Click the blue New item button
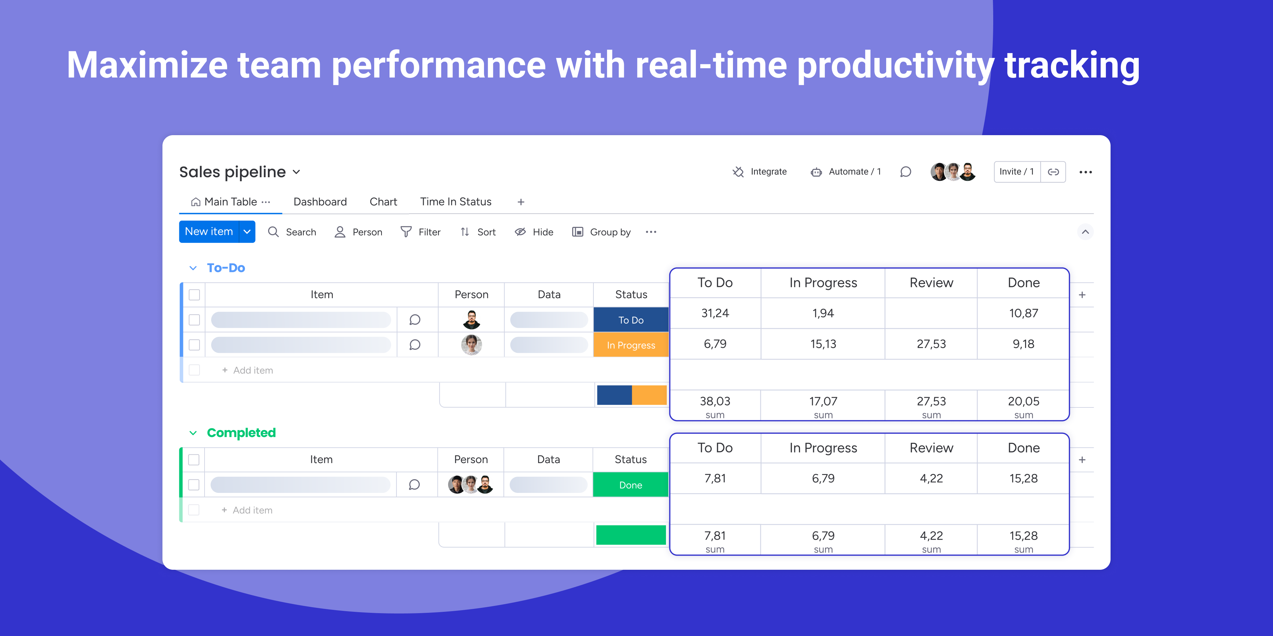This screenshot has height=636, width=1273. [x=209, y=232]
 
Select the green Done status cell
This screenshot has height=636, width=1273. [x=631, y=485]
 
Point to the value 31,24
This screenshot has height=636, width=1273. [x=715, y=313]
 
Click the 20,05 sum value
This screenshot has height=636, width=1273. [x=1023, y=401]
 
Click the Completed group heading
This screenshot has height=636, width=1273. [x=241, y=433]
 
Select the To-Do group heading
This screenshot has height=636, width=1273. [x=226, y=268]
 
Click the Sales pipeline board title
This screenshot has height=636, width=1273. [x=232, y=172]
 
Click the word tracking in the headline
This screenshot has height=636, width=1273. [x=1072, y=66]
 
